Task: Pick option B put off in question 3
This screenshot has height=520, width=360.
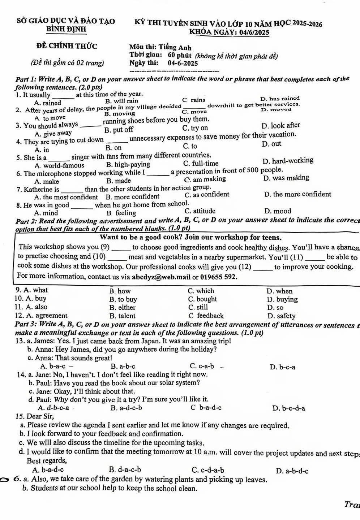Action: [119, 130]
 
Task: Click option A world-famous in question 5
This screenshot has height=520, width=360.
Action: [60, 165]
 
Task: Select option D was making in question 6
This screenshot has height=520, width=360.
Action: [287, 178]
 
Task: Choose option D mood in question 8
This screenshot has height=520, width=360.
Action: [278, 211]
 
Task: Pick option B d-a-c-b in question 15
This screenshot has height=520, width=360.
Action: [125, 470]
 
